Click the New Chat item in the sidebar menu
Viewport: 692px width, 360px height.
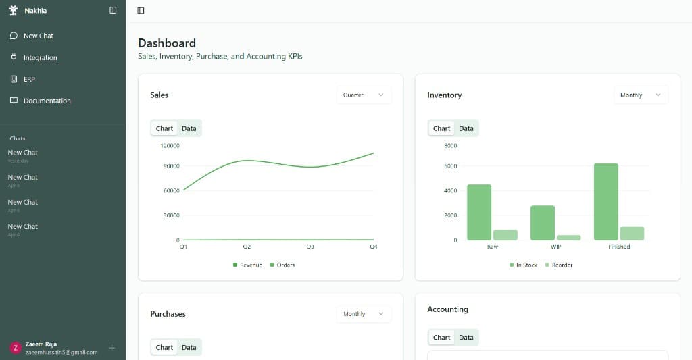[x=38, y=36]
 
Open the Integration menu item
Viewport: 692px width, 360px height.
[x=40, y=57]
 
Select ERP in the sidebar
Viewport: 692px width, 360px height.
[x=29, y=79]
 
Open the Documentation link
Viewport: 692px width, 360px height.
[x=47, y=101]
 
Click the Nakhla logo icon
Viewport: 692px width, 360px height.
[x=13, y=10]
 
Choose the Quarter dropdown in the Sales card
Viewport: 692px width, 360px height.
[x=364, y=95]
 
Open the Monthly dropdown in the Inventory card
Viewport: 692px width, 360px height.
[x=641, y=95]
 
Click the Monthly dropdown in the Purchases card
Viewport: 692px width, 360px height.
[x=364, y=314]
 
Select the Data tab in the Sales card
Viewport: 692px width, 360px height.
[x=189, y=128]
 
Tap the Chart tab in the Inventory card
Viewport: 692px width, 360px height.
[x=441, y=128]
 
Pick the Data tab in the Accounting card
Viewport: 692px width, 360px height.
[x=466, y=338]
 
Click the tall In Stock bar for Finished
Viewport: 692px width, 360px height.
[x=606, y=202]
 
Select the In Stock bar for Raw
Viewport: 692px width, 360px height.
[x=479, y=212]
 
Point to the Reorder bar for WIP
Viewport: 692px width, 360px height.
[x=568, y=237]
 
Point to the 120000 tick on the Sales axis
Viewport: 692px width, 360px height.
[x=170, y=145]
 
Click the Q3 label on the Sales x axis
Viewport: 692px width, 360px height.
[x=310, y=247]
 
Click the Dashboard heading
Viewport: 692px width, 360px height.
[x=167, y=43]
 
